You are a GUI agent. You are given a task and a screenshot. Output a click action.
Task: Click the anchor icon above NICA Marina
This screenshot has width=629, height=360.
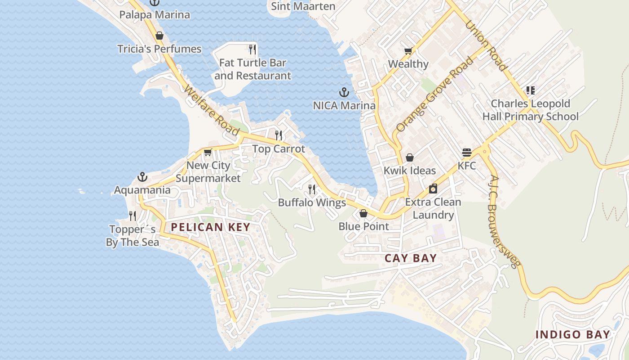click(x=344, y=93)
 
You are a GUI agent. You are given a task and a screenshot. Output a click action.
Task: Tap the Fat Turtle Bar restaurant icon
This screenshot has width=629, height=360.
click(x=252, y=49)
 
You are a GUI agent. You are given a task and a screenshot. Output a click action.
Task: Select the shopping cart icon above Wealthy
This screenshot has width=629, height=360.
click(x=408, y=51)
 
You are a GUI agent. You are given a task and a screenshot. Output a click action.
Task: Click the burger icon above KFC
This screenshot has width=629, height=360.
click(x=466, y=153)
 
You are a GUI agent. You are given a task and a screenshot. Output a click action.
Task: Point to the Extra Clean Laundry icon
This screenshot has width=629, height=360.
click(x=433, y=189)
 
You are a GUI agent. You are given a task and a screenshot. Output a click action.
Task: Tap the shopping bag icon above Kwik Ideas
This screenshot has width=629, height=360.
click(x=409, y=157)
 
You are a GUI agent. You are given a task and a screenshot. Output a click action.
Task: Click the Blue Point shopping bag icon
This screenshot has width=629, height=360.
click(x=363, y=213)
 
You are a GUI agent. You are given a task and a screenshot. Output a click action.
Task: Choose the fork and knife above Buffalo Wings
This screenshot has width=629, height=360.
click(x=312, y=189)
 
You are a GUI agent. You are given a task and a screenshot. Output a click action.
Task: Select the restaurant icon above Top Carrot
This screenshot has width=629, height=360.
click(x=279, y=135)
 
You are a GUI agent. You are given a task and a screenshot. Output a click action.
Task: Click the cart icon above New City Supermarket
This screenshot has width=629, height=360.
click(x=208, y=152)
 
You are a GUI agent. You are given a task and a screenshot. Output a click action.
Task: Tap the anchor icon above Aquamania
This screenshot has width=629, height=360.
click(x=142, y=176)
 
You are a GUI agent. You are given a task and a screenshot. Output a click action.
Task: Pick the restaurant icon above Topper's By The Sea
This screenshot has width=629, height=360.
click(x=133, y=216)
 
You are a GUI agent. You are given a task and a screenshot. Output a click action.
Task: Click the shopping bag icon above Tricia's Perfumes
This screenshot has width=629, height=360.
click(x=159, y=36)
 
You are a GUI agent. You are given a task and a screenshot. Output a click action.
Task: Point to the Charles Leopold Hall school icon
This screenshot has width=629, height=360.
click(x=531, y=90)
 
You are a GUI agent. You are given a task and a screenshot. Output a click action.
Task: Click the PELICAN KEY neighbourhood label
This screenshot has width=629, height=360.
click(x=210, y=227)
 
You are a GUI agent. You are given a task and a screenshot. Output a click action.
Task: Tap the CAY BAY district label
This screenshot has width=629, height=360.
click(x=411, y=258)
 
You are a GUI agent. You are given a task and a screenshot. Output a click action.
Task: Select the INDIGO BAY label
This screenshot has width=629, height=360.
click(x=573, y=335)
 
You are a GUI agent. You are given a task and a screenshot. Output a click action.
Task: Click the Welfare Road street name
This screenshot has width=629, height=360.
click(x=211, y=110)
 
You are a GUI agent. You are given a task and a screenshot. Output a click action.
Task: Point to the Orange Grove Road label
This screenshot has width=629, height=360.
click(x=435, y=94)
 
